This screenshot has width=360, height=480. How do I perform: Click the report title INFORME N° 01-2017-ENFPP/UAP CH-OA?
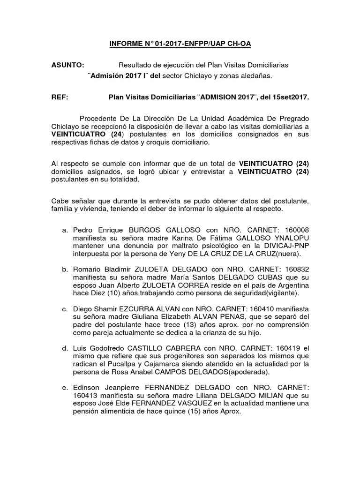[180, 44]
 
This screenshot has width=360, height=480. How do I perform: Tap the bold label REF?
[60, 97]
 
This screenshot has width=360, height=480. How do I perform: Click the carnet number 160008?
[296, 230]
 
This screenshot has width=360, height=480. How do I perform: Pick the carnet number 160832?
[296, 269]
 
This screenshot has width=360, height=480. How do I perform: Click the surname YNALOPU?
[292, 238]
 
